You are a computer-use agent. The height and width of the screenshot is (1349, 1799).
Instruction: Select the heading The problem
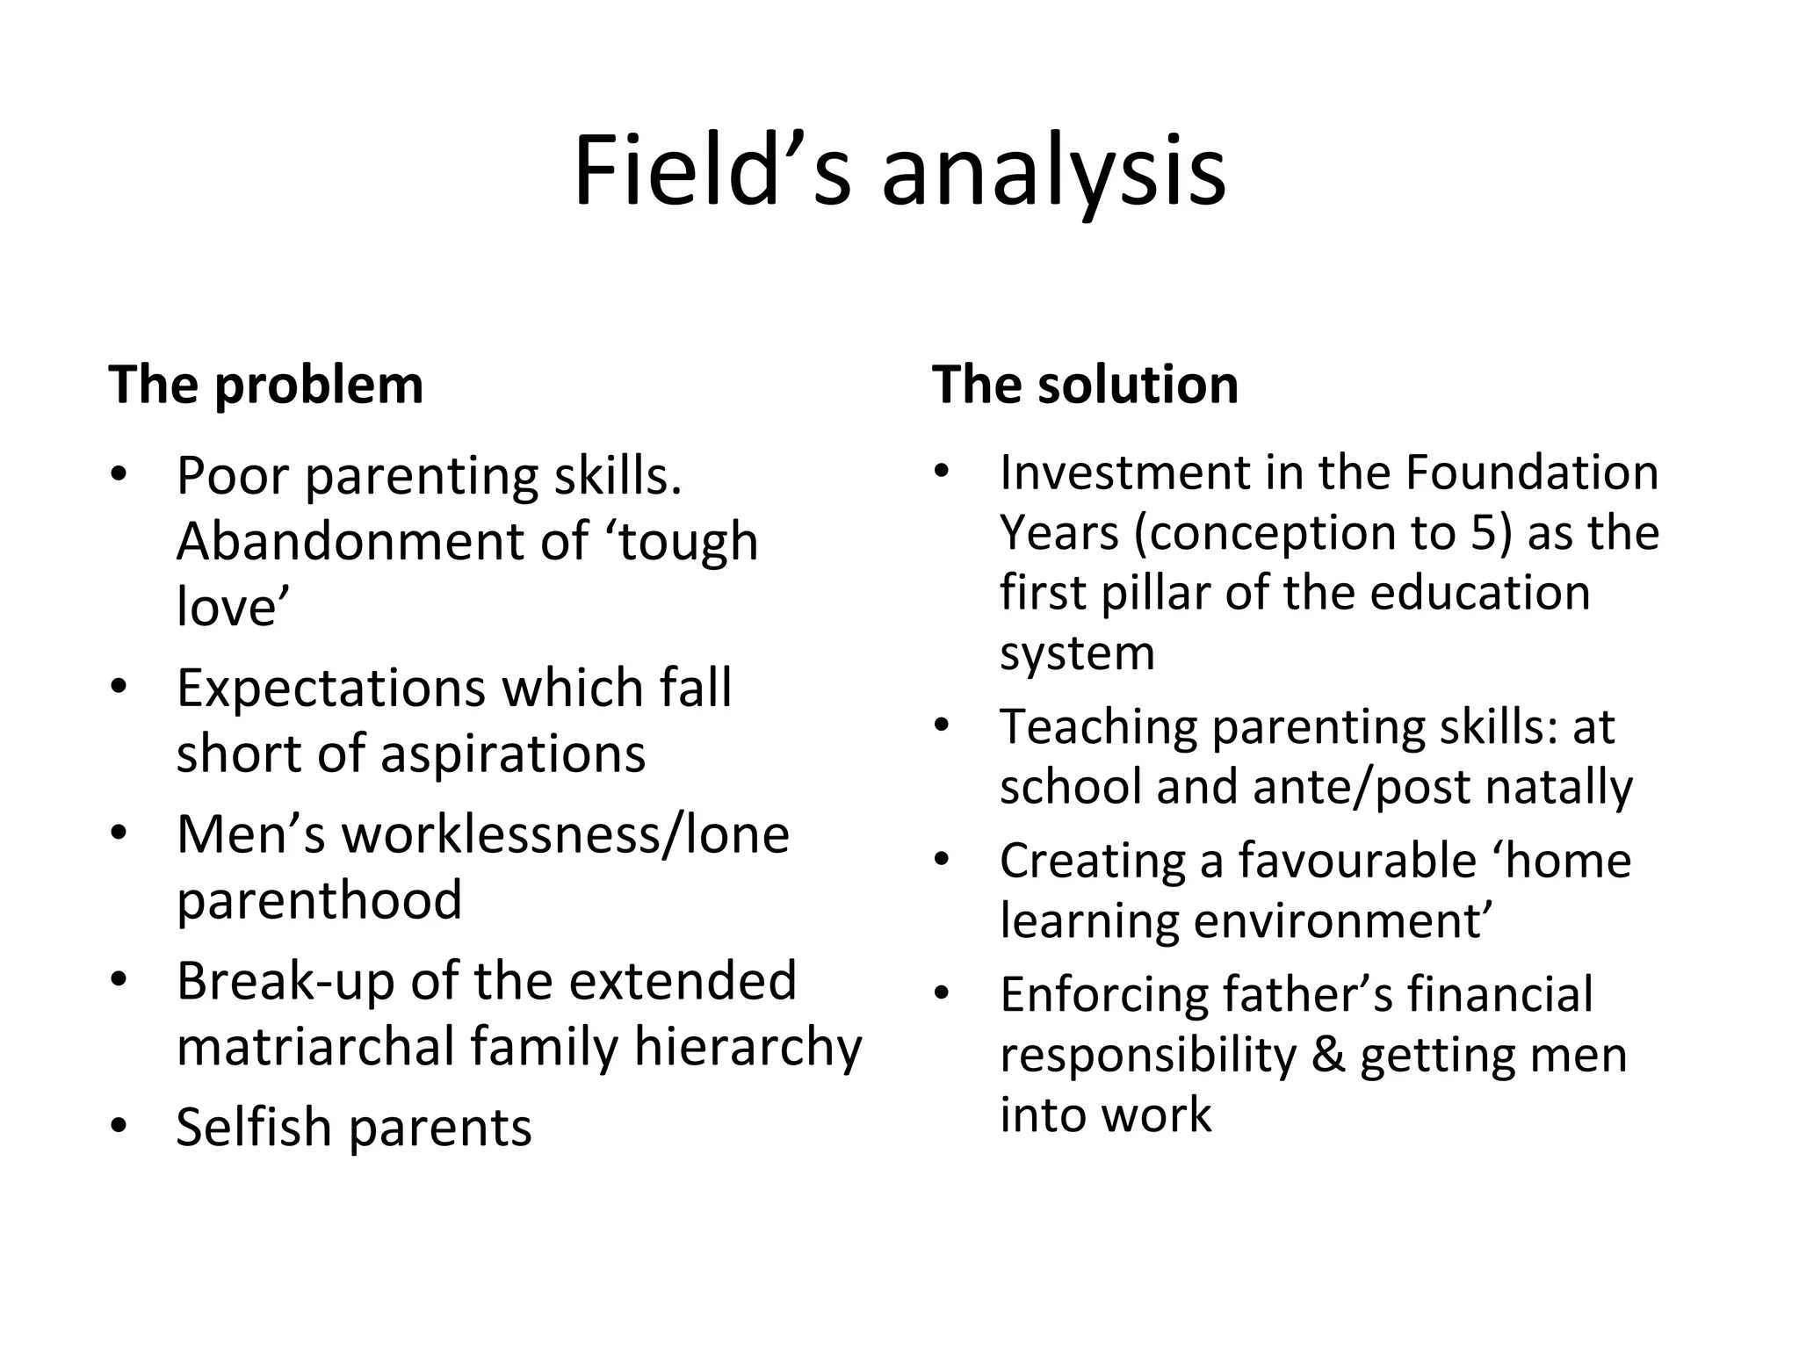(x=265, y=385)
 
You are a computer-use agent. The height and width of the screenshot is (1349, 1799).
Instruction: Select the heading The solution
(x=1085, y=385)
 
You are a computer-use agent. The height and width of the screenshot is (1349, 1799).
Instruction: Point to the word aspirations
(x=512, y=754)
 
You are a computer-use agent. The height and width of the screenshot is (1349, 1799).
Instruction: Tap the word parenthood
(x=319, y=899)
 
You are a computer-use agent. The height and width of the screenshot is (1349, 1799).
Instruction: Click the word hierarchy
(x=748, y=1046)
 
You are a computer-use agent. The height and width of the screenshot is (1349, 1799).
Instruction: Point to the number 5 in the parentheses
(x=1483, y=532)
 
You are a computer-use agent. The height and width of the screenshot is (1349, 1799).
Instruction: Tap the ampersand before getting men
(x=1328, y=1054)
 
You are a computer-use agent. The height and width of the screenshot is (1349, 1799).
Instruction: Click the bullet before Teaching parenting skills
(x=943, y=725)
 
